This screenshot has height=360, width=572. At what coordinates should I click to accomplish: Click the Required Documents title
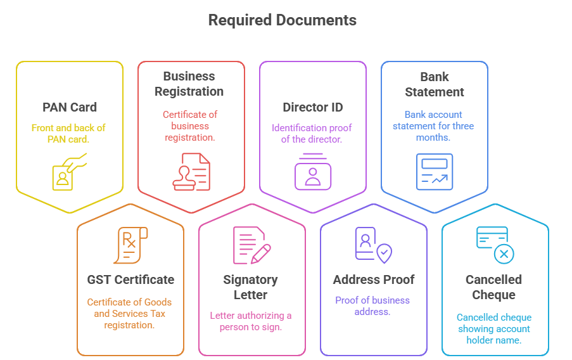[x=282, y=20]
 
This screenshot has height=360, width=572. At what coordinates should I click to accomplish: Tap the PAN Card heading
[x=70, y=107]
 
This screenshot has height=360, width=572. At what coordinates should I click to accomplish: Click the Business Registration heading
[x=189, y=84]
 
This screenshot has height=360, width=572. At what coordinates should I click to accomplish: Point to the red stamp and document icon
[x=191, y=171]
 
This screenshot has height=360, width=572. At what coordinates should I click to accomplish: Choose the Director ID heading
[x=312, y=107]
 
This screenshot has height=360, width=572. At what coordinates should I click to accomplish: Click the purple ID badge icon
[x=312, y=172]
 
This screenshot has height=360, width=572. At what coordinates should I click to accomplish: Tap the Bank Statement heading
[x=434, y=84]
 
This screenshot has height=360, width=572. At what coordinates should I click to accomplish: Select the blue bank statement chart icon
[x=434, y=171]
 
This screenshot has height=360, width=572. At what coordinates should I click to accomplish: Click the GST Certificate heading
[x=130, y=280]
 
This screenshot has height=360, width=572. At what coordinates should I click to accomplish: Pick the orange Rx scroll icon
[x=130, y=245]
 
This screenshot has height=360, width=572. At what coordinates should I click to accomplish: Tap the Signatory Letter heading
[x=251, y=287]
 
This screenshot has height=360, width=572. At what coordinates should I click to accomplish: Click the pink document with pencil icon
[x=251, y=245]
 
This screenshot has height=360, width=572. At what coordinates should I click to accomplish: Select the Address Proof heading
[x=374, y=280]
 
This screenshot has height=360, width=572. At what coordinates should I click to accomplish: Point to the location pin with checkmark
[x=384, y=254]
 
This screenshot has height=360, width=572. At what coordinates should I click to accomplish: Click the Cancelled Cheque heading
[x=494, y=287]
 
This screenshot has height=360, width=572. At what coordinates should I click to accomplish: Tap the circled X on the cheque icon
[x=504, y=254]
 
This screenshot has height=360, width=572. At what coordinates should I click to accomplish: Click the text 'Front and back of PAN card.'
[x=68, y=133]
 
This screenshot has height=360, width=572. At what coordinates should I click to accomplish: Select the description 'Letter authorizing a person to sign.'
[x=251, y=321]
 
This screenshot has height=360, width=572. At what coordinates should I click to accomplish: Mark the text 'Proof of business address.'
[x=372, y=306]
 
